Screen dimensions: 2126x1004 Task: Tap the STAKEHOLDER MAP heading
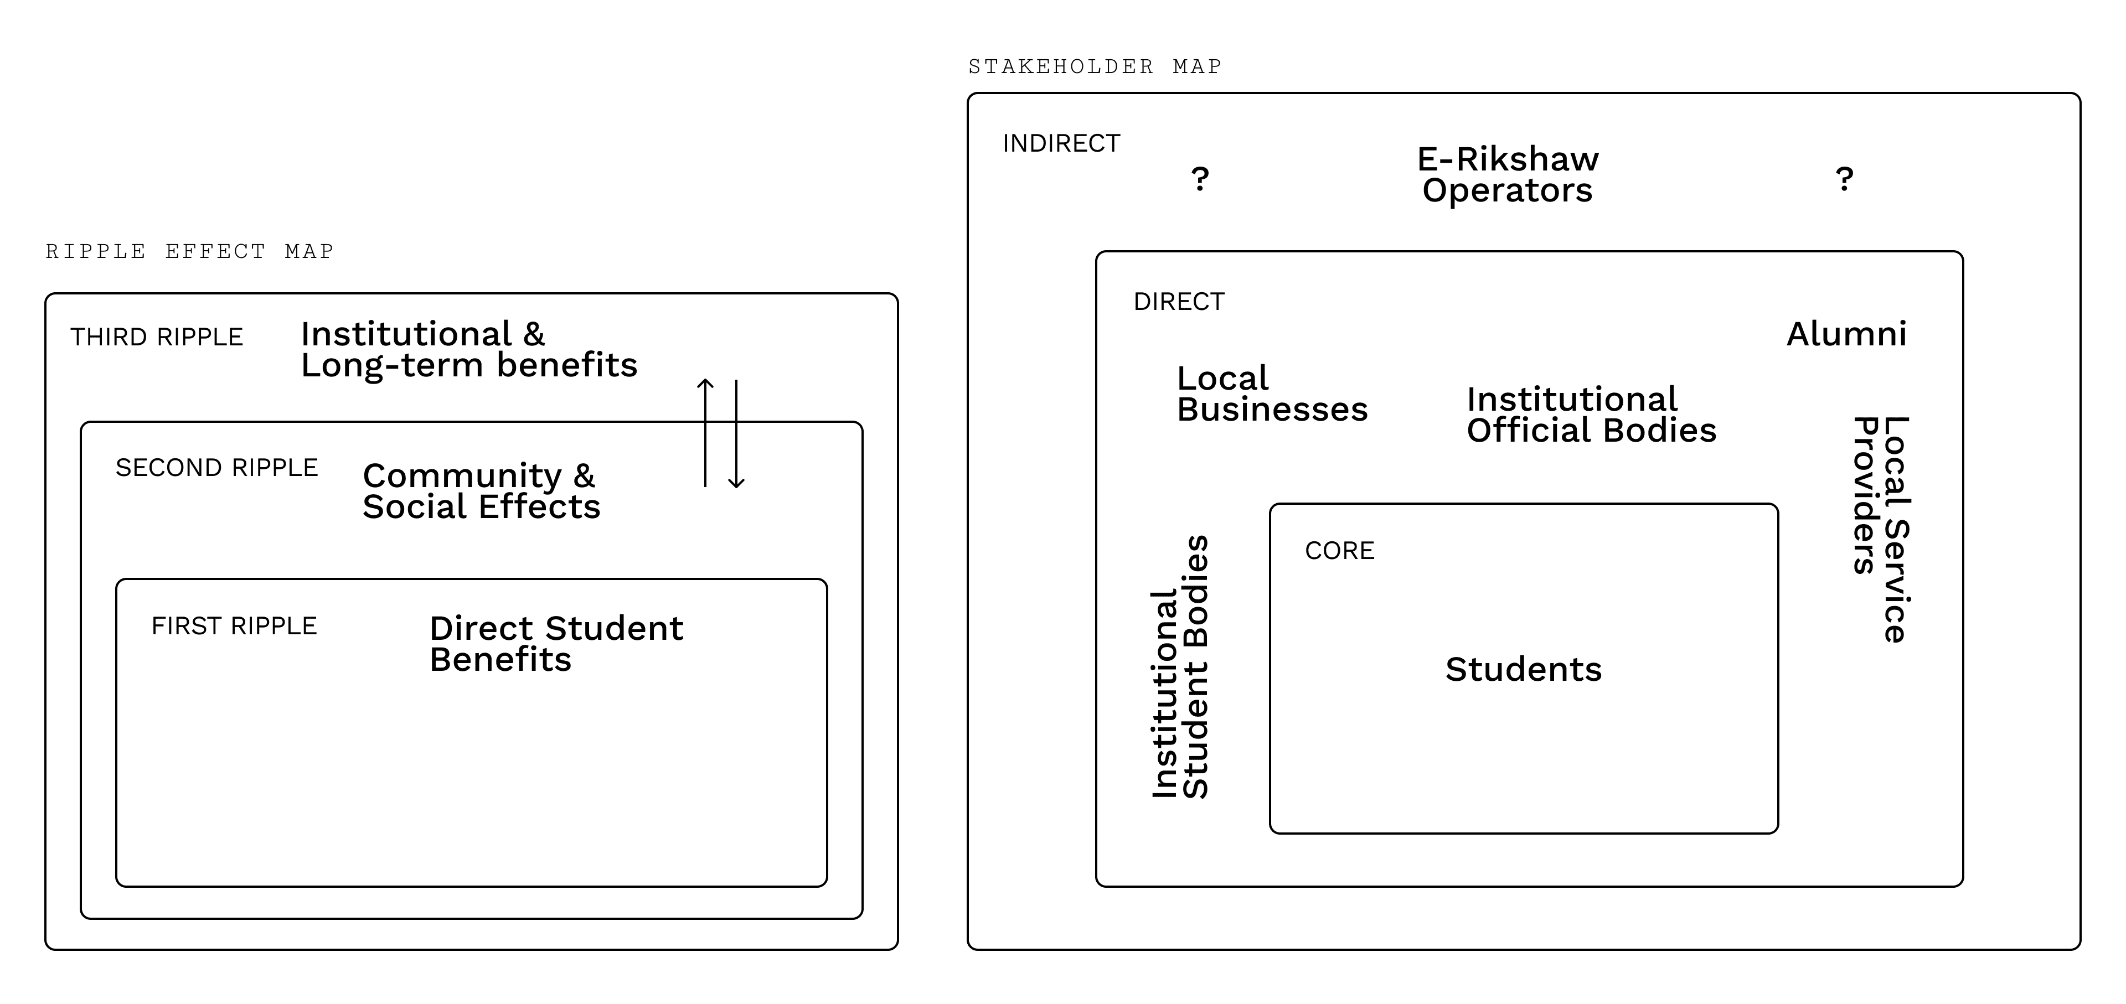(x=1095, y=66)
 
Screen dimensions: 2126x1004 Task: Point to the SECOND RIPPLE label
(x=217, y=468)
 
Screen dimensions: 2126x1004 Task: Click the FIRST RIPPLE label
(x=234, y=626)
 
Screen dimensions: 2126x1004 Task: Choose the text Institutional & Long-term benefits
(x=469, y=350)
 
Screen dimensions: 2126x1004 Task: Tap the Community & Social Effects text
(x=481, y=491)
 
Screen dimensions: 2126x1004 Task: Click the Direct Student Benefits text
(x=556, y=644)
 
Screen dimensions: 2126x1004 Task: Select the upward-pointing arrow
(x=705, y=433)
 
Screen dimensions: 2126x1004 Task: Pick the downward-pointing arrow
(x=736, y=434)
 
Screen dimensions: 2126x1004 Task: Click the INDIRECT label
(x=1061, y=143)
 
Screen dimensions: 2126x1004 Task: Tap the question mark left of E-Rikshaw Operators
(x=1200, y=178)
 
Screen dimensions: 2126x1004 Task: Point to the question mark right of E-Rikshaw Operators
(x=1845, y=178)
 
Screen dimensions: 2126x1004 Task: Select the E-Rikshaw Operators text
(x=1508, y=174)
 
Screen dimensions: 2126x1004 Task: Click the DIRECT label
(x=1179, y=302)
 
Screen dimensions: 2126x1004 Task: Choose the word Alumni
(x=1847, y=334)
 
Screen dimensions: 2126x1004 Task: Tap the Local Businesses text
(x=1272, y=394)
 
